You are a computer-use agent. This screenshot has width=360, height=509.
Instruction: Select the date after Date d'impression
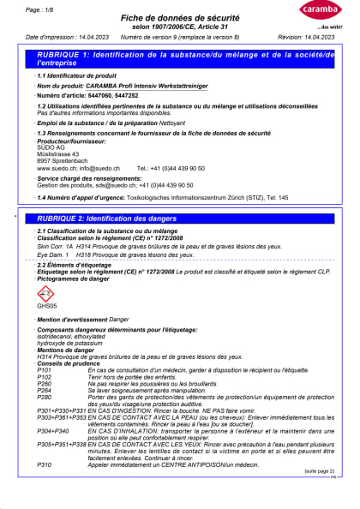click(x=91, y=39)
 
